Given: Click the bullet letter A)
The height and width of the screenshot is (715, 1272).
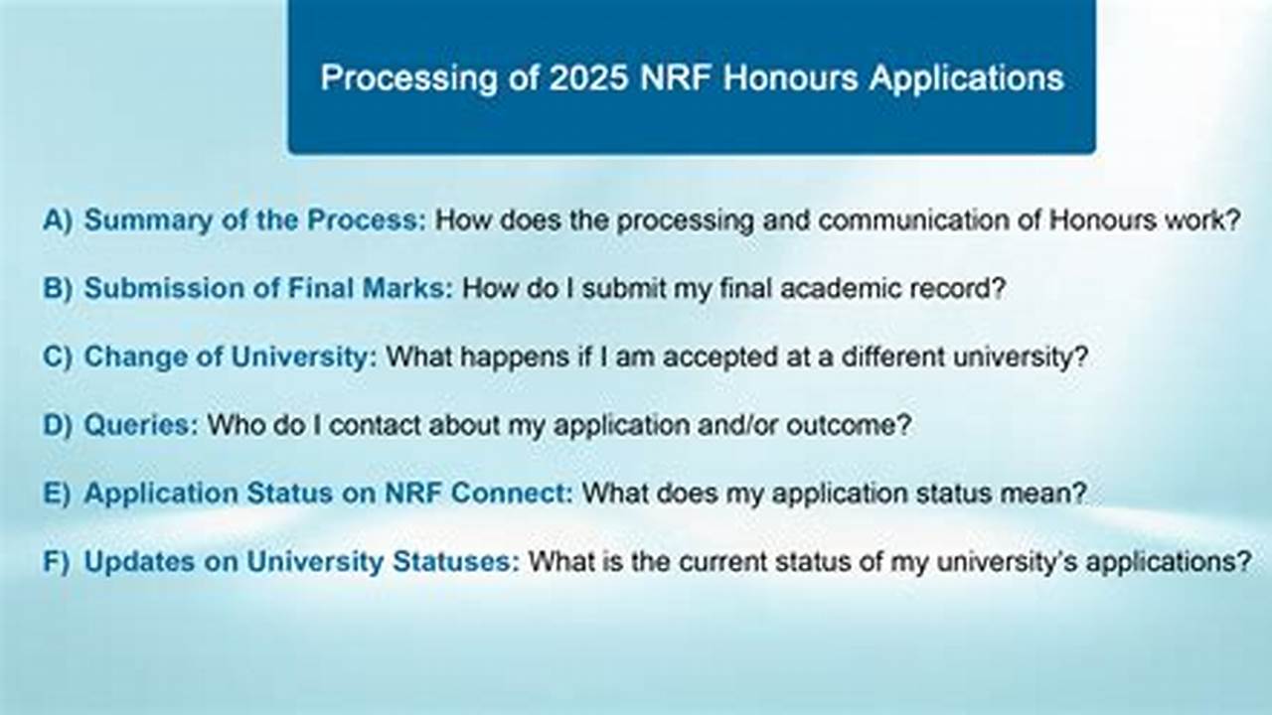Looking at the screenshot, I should (x=58, y=219).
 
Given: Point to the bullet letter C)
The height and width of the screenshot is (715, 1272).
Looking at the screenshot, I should (x=58, y=357).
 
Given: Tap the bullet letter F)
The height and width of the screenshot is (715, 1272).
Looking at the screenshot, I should (x=57, y=561).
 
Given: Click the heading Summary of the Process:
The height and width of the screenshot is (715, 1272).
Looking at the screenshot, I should (x=254, y=219).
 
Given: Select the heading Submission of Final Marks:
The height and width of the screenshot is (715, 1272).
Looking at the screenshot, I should (x=268, y=288).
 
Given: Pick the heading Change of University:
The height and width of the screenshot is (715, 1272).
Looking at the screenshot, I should (x=231, y=357).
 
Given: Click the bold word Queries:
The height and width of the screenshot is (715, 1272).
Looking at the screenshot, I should (x=141, y=425).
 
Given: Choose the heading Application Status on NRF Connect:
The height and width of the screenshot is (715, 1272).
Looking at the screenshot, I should (x=328, y=493).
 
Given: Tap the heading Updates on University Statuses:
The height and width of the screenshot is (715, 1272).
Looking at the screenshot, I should (x=301, y=561).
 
